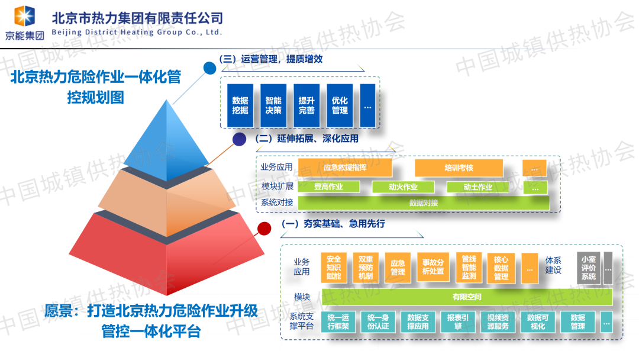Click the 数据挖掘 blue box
[240, 105]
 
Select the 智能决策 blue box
[273, 105]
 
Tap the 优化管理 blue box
[340, 105]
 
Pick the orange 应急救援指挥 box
[345, 168]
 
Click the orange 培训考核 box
[459, 168]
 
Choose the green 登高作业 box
[329, 187]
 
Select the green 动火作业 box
[403, 187]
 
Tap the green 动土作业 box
[477, 187]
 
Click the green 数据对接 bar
[423, 203]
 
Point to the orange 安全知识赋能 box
[334, 268]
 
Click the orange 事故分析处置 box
[433, 268]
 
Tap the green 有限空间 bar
[466, 296]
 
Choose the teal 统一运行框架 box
[338, 322]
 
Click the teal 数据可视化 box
[537, 322]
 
